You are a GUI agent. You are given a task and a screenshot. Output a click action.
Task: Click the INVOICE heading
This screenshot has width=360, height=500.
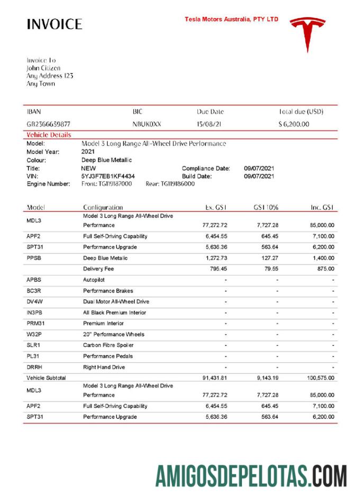coord(55,24)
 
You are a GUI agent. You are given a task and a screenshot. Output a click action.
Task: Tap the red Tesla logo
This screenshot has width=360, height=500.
coord(308,33)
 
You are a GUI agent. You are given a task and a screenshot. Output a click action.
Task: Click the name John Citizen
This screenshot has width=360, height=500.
coord(43,68)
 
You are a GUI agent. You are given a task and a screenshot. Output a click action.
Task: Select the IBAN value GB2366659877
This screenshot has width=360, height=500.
coord(48,124)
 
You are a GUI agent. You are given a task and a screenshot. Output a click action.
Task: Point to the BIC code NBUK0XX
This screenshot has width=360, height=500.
coord(147,124)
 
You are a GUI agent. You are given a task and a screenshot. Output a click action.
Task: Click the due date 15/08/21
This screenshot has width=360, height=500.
coord(209,124)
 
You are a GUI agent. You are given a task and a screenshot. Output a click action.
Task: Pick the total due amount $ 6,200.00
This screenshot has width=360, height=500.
coord(294,124)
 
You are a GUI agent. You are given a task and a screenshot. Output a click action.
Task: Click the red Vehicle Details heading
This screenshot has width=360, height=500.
coord(49,135)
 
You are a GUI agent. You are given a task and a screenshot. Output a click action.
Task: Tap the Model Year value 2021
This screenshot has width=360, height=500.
coord(88,151)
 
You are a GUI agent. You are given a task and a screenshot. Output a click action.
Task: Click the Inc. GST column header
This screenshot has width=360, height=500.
coord(322,207)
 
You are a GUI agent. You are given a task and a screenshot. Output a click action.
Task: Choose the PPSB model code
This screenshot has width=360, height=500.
coord(34,258)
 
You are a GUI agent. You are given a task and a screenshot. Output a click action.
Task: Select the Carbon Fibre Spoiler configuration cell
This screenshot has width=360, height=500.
coord(107,345)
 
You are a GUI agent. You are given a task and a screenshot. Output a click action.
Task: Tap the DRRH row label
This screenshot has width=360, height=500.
coord(34,367)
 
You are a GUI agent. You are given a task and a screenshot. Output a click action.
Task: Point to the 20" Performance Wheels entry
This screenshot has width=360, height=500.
coord(113,334)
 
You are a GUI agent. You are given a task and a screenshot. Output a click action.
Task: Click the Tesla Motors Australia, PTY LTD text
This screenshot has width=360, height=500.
coord(231,19)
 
